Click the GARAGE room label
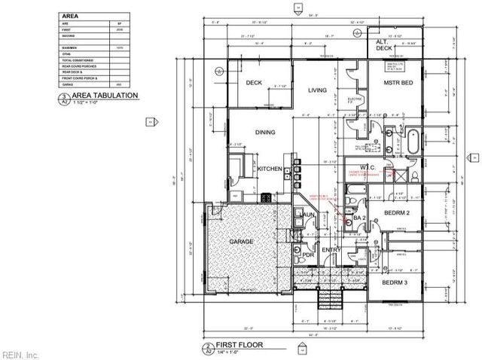coord(236,241)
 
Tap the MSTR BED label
coord(397,81)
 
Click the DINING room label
coord(264,132)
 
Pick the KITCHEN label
coord(270,169)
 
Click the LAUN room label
coord(307,216)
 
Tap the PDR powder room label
coord(308,254)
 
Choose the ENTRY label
coord(331,249)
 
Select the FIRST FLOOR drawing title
coord(238,349)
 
